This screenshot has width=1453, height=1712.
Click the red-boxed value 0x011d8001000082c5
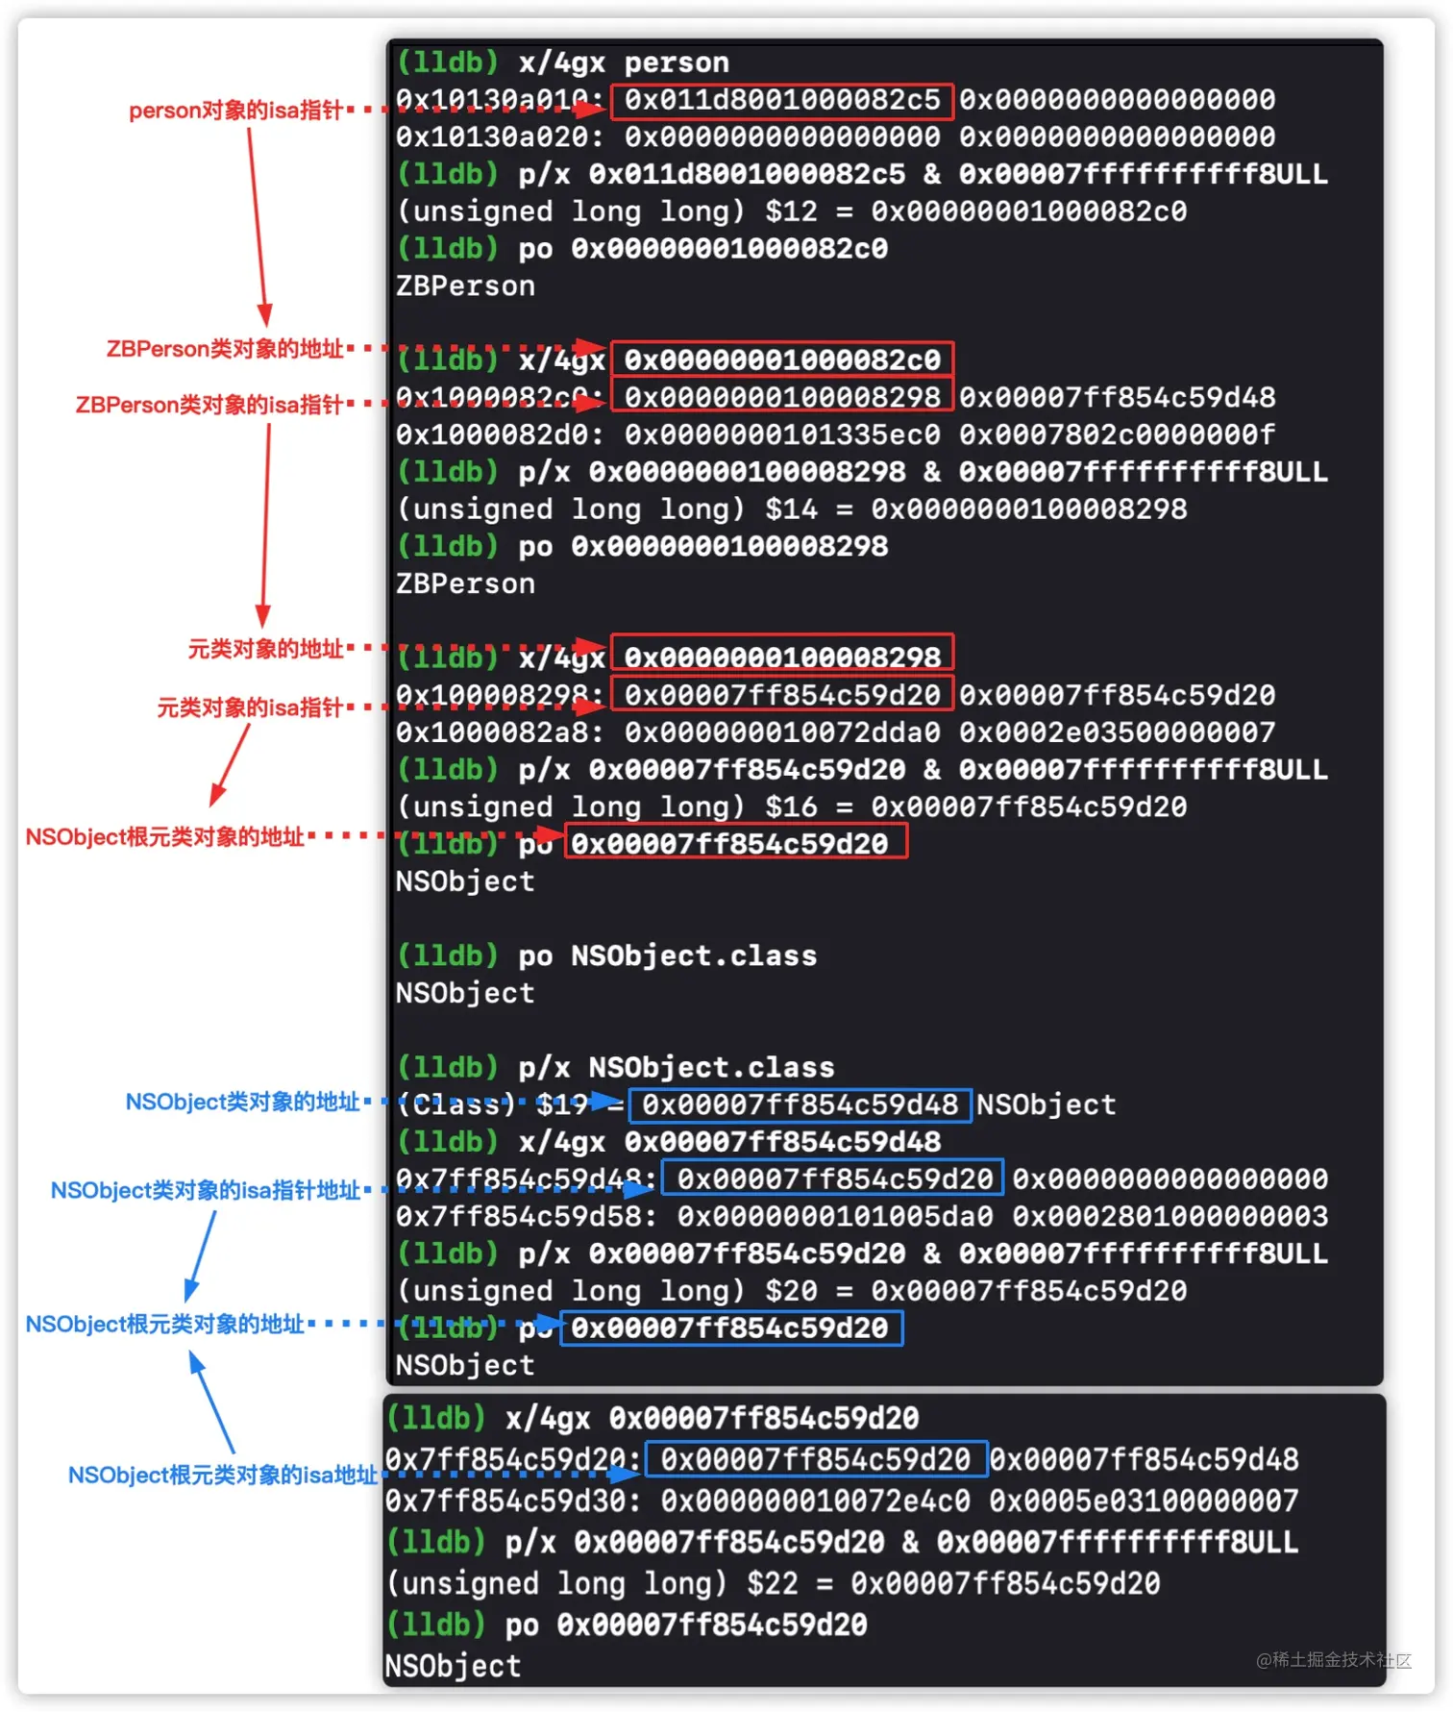coord(781,100)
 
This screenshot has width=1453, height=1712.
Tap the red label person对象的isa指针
coord(235,111)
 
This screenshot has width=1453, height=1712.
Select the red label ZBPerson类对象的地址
coord(224,349)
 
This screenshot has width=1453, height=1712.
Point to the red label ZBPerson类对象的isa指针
coord(209,405)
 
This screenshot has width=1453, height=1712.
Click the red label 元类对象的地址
coord(265,650)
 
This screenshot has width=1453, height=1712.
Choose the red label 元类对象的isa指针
coord(250,708)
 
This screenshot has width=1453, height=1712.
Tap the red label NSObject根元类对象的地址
coord(164,837)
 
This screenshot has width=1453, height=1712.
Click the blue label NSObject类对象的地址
coord(242,1102)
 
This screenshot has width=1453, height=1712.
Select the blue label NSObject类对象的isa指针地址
coord(205,1191)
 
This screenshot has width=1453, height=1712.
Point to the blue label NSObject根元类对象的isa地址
coord(222,1476)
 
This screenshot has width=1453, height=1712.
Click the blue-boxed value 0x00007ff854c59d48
coord(800,1105)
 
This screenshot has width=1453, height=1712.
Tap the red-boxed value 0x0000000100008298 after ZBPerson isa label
coord(781,397)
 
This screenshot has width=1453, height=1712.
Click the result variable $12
coord(791,211)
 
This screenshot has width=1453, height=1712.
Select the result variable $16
coord(791,807)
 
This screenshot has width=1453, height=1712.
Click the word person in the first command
coord(677,63)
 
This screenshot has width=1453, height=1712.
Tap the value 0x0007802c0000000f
coord(1117,434)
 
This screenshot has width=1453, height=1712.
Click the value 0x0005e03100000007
coord(1144,1501)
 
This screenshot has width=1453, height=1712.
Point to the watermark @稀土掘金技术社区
coord(1334,1660)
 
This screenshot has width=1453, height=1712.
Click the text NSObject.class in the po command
coord(694,956)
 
